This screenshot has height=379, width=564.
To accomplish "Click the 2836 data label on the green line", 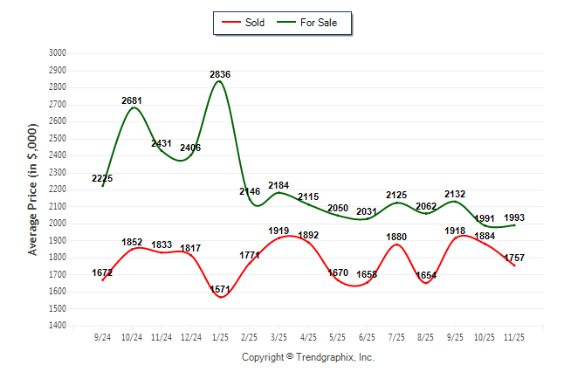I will [x=220, y=75].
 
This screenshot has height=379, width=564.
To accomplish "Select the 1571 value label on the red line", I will [x=220, y=290].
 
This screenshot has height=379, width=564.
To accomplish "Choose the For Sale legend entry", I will [x=311, y=23].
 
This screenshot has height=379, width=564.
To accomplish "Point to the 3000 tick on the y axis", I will [x=58, y=53].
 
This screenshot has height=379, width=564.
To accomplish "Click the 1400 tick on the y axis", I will [x=58, y=326].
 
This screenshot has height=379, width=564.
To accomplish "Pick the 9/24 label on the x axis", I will [x=103, y=336].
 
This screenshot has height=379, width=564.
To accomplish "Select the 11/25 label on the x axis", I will [x=514, y=336].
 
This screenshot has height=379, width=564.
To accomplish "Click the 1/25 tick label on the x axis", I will [x=220, y=336].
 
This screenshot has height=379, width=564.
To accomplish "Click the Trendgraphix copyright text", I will [x=307, y=357].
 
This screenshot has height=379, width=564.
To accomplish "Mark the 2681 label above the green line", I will [x=132, y=101].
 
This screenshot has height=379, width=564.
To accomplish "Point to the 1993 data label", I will [x=514, y=217].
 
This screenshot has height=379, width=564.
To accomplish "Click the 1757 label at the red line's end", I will [x=514, y=258].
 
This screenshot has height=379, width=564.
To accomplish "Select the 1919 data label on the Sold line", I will [x=279, y=231].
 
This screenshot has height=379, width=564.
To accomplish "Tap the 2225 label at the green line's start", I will [x=102, y=178].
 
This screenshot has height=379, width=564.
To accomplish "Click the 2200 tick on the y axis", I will [x=58, y=189].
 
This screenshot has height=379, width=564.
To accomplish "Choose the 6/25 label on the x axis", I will [x=367, y=336].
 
